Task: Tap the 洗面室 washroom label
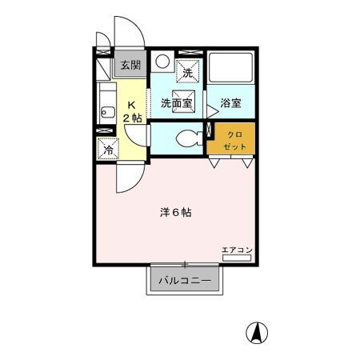coord(176,102)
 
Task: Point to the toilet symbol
coord(187,138)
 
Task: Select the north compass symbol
coord(259,330)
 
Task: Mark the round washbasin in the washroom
coord(162,62)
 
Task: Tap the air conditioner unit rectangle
coord(238,258)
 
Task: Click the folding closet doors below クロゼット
coord(230,162)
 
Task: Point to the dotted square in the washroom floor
coord(184,91)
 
